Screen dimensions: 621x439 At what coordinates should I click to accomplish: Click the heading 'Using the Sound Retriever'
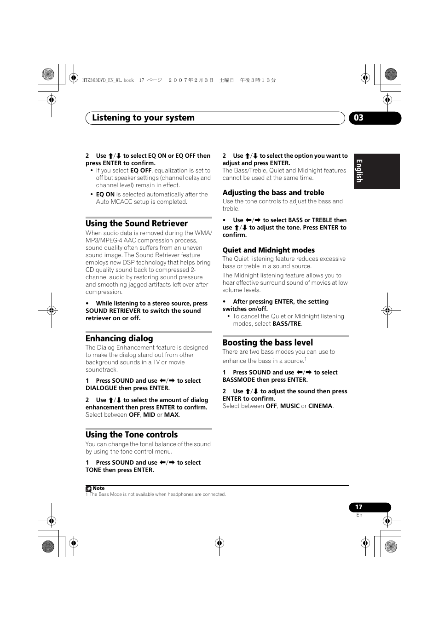point(136,224)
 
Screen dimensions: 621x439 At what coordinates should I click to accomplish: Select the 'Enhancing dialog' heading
point(119,339)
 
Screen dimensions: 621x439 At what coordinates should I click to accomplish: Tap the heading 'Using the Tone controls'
point(131,435)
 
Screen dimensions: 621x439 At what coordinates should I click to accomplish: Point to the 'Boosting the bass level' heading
point(267,343)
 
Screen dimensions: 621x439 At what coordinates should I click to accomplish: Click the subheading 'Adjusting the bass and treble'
point(273,193)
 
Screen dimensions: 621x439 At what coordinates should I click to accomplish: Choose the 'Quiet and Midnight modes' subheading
point(268,250)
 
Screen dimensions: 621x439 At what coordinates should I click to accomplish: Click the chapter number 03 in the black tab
point(359,118)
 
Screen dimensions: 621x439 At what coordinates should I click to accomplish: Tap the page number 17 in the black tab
point(358,507)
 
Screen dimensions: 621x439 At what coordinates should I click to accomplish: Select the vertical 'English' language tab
point(359,171)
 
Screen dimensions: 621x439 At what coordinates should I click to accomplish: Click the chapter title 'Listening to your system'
point(143,118)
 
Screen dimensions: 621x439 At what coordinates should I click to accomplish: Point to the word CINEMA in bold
point(320,406)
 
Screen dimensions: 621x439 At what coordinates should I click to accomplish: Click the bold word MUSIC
point(289,406)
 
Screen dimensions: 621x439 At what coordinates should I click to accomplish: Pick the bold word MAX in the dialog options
point(171,415)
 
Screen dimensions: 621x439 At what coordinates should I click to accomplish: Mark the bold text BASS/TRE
point(286,324)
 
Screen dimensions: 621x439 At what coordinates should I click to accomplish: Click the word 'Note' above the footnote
point(98,489)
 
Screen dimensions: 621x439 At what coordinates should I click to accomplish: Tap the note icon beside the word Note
point(88,489)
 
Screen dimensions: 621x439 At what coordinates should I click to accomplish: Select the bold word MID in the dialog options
point(149,415)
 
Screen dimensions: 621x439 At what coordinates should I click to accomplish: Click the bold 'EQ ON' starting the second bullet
point(105,195)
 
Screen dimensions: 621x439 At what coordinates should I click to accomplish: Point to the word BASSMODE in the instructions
point(239,380)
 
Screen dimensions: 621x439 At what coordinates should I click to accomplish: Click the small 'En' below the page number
point(359,515)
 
